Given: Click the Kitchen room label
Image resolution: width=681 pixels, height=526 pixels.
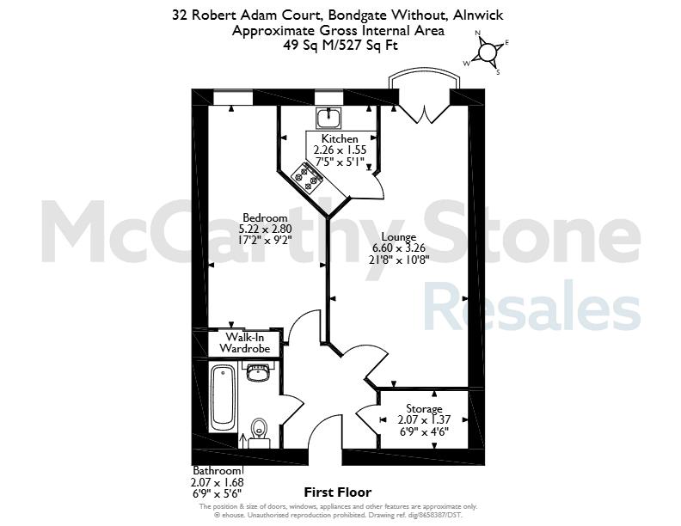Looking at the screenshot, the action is coord(340,139).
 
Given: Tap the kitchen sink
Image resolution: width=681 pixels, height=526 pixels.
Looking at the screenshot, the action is coord(328,118).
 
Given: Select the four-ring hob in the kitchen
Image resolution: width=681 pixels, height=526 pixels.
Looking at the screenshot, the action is coord(307,178).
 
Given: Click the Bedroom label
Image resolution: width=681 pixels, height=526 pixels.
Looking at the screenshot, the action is coord(265,217).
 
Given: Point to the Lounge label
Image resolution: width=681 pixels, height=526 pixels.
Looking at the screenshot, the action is coord(399,237).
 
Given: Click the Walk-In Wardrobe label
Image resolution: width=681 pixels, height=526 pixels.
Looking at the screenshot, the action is coord(245,343).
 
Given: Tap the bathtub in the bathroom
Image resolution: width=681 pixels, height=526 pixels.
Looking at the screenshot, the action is coord(223,397).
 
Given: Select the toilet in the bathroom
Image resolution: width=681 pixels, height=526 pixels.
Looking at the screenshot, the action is coord(260,431).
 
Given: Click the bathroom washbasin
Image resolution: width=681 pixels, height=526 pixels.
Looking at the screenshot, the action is coord(258,373).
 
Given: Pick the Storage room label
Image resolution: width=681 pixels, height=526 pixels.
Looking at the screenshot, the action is coord(424,409).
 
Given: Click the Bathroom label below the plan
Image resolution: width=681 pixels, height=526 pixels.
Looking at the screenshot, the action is coord(216,471).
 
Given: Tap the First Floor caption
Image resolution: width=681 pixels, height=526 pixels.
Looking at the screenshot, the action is coord(337,492).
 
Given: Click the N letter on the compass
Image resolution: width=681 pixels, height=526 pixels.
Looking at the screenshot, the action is coord(477,33).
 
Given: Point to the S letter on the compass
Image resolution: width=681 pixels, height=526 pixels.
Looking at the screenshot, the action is coord(498,72).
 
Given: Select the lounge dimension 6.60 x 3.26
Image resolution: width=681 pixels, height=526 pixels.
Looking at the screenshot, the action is coord(399,248).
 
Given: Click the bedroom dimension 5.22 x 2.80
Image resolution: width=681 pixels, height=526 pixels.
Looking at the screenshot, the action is coord(265,229).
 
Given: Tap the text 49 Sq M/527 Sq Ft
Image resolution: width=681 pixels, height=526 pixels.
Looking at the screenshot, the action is coord(340,46).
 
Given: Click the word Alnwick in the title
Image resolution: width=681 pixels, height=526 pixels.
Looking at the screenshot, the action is coord(478,15).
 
